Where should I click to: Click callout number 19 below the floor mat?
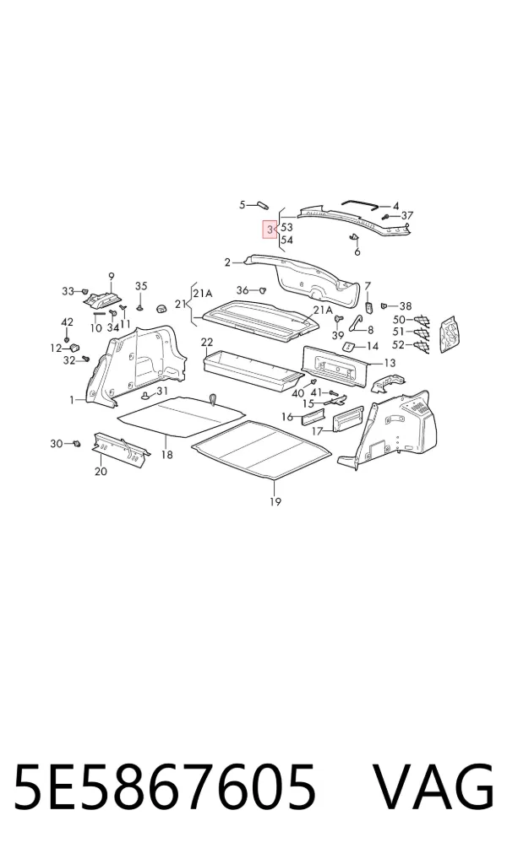[275, 501]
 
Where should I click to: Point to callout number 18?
[166, 454]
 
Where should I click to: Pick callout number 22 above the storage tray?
[206, 343]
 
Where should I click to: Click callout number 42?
[67, 322]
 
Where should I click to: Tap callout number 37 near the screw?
[406, 215]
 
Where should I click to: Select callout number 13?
[390, 363]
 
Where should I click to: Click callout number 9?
[112, 276]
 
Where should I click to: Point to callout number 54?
[286, 240]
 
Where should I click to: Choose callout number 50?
[399, 320]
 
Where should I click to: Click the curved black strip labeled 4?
[361, 204]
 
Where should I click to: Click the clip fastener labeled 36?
[262, 289]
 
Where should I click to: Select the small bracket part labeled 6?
[353, 236]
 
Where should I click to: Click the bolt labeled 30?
[78, 443]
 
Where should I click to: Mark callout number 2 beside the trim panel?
[227, 263]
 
